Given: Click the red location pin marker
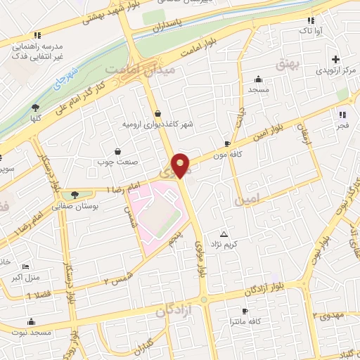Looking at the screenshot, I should point(181,165).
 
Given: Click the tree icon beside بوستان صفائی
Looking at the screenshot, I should point(73,195).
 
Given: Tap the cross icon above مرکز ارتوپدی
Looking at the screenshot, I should point(336,59).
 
